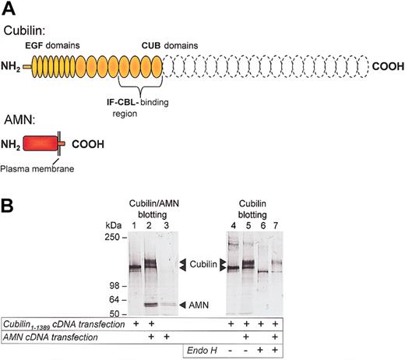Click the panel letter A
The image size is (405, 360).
[9, 10]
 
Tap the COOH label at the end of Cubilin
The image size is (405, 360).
[386, 68]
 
